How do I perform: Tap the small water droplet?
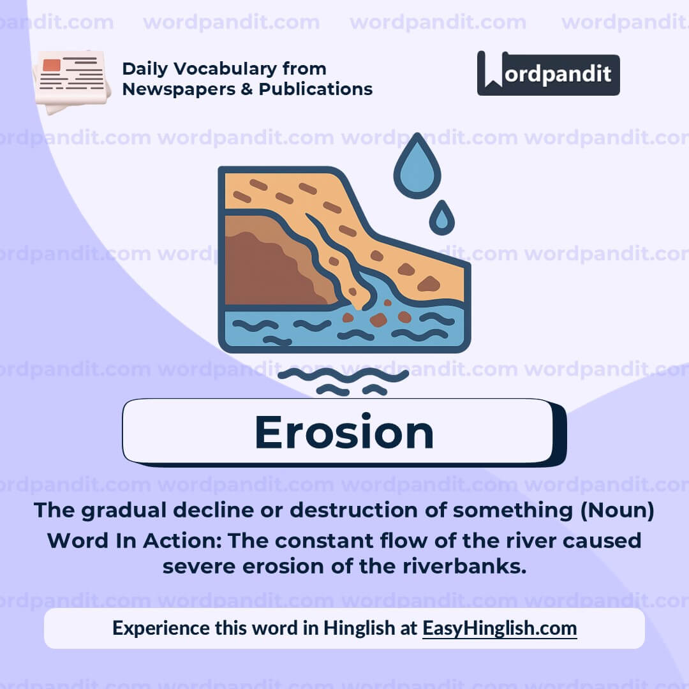click(441, 219)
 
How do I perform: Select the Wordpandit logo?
click(548, 73)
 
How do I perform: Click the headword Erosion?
click(344, 432)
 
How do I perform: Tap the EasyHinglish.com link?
click(500, 628)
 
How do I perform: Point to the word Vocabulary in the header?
click(223, 69)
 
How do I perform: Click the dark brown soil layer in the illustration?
click(268, 268)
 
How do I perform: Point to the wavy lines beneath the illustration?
click(343, 381)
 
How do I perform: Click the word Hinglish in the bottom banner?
click(359, 628)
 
